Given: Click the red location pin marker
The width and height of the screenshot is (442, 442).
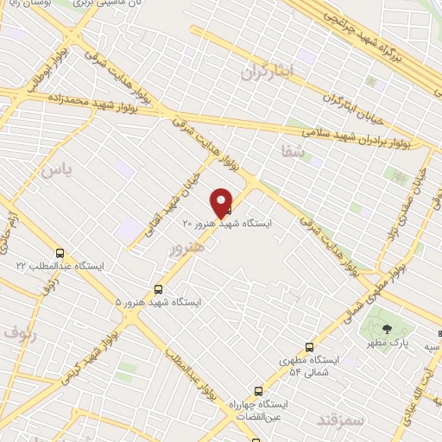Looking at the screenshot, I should [222, 202].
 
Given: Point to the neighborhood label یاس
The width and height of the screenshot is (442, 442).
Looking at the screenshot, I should [54, 169].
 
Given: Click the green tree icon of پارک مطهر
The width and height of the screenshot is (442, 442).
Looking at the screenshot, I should [387, 327].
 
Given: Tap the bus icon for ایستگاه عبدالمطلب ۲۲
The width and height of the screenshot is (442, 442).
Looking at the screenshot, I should [60, 254].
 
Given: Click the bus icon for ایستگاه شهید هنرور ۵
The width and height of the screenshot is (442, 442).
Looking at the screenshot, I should [158, 289].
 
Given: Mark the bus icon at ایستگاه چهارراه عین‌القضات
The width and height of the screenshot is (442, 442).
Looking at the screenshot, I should [258, 390].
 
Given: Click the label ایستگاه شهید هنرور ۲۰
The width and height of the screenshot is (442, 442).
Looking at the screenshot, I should [227, 223].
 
